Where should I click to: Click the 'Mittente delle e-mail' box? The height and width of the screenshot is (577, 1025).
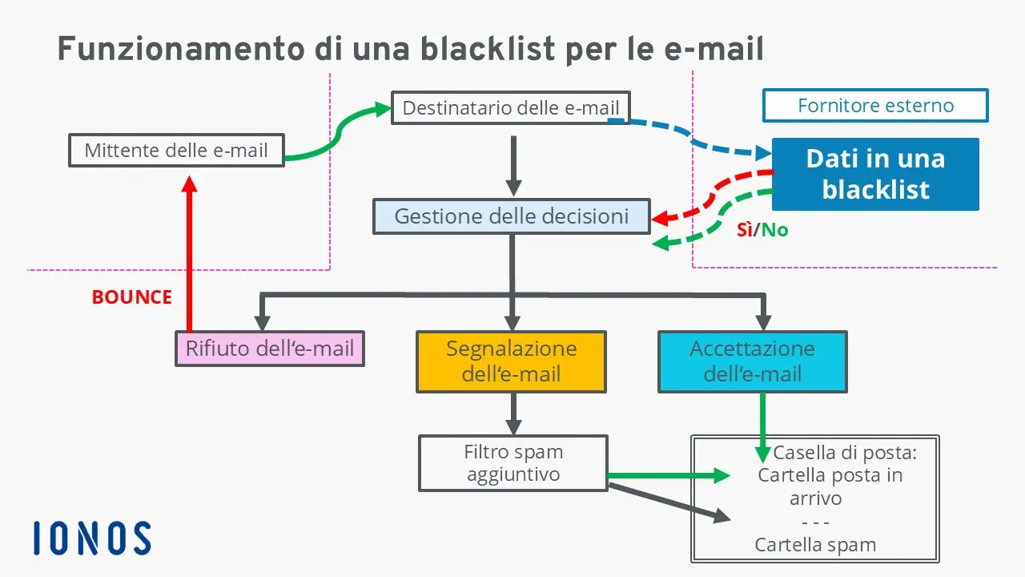[176, 150]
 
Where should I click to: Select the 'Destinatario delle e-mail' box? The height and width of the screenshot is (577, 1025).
[510, 107]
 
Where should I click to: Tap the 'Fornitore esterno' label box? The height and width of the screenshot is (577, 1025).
[875, 105]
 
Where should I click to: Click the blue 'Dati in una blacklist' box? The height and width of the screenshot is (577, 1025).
[874, 174]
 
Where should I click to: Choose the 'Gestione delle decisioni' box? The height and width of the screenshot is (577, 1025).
[511, 216]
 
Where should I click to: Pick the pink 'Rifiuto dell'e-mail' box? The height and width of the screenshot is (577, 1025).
[270, 349]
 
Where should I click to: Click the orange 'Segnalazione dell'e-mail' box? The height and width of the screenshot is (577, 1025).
[511, 361]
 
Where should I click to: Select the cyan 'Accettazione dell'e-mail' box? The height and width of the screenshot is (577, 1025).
[752, 361]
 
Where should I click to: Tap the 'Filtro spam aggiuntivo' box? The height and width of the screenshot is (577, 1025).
[513, 462]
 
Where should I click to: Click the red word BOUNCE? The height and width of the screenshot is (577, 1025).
[131, 297]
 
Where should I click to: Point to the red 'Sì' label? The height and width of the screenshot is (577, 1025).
[744, 230]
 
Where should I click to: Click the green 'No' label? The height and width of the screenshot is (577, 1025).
[774, 230]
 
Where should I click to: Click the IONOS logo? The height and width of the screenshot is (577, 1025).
[92, 538]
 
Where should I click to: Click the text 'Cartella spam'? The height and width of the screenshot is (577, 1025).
[815, 545]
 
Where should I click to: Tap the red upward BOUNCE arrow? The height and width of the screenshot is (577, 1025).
[189, 256]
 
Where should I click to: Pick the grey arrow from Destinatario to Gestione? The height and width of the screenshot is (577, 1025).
[513, 164]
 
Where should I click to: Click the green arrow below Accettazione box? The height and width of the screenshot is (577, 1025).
[762, 425]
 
